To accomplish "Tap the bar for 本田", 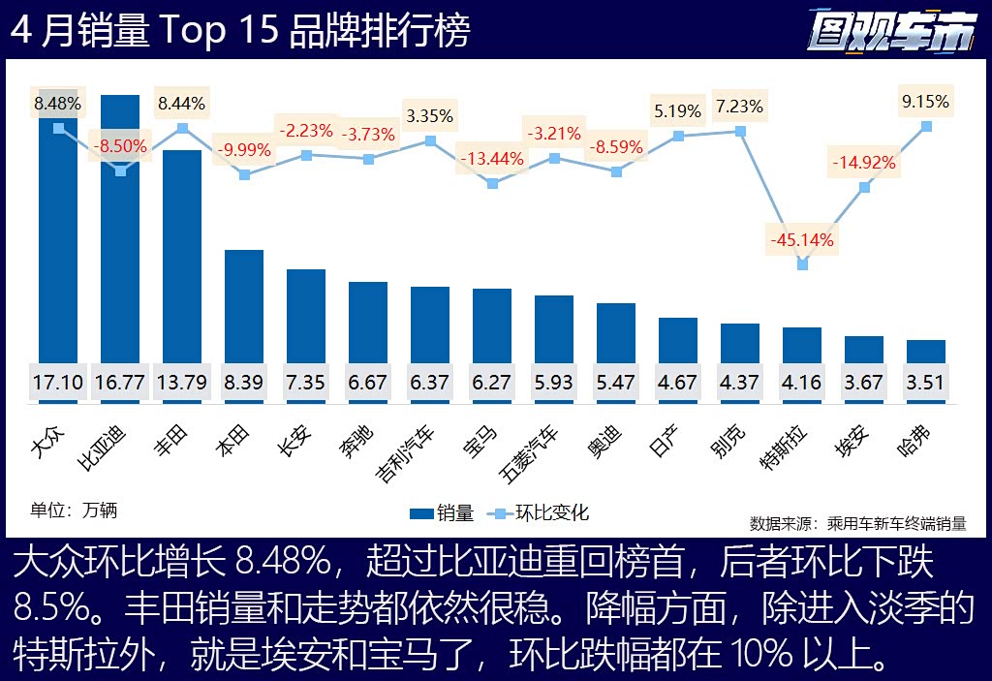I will [244, 310].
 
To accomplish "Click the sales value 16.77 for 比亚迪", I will [120, 383].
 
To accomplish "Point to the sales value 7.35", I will [306, 383].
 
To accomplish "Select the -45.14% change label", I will [801, 238].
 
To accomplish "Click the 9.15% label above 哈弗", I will [925, 101].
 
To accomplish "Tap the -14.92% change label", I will [864, 162].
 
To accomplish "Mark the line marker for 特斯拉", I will [802, 263].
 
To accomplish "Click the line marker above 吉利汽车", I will [430, 140].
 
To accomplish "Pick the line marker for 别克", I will [740, 131].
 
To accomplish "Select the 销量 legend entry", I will [442, 512].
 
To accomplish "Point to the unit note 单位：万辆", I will [74, 510].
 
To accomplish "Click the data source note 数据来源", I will [857, 523].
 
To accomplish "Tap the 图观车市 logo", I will [890, 32].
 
